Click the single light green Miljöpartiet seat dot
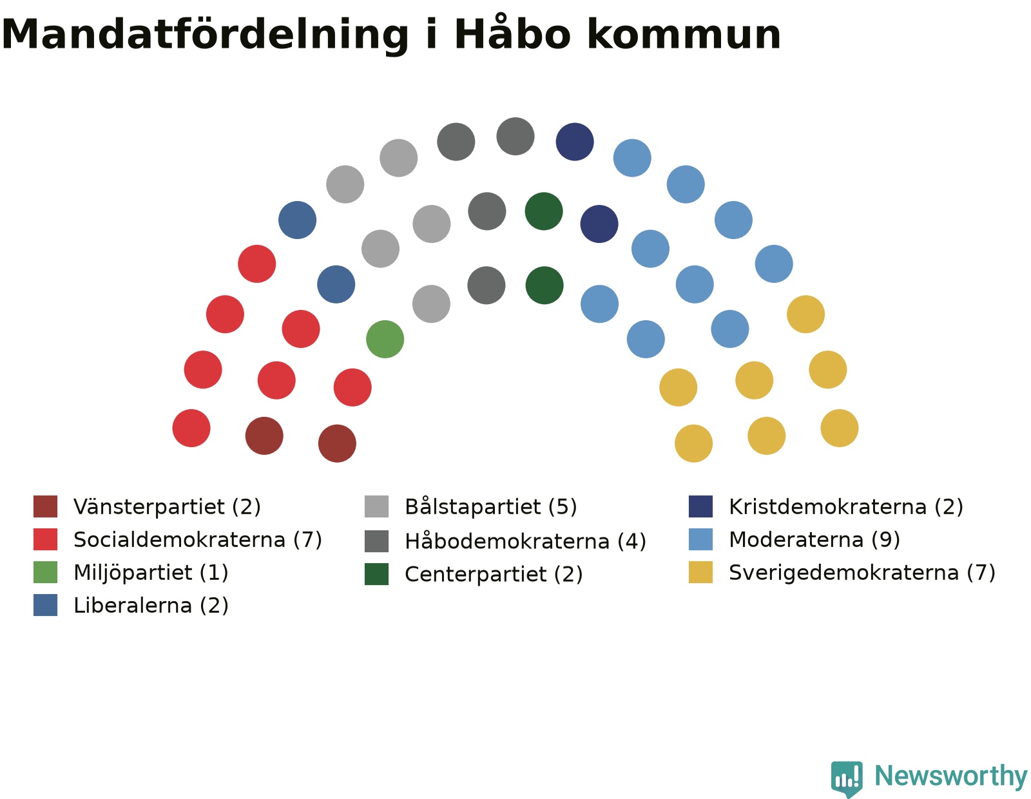tap(385, 339)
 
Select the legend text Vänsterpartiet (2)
tap(167, 506)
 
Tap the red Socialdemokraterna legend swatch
tap(45, 539)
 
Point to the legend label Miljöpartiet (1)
tap(151, 572)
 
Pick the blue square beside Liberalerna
tap(45, 605)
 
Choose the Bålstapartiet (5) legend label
tap(490, 506)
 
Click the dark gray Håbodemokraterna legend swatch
tap(376, 541)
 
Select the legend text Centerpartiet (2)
tap(494, 574)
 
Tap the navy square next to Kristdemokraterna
tap(700, 506)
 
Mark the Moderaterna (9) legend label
tap(814, 539)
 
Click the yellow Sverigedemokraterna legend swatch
tap(700, 572)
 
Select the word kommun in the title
tap(684, 34)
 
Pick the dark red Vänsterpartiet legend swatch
tap(45, 506)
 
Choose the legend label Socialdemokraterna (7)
tap(198, 539)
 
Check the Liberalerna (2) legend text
tap(151, 605)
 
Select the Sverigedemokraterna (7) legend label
tap(862, 572)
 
